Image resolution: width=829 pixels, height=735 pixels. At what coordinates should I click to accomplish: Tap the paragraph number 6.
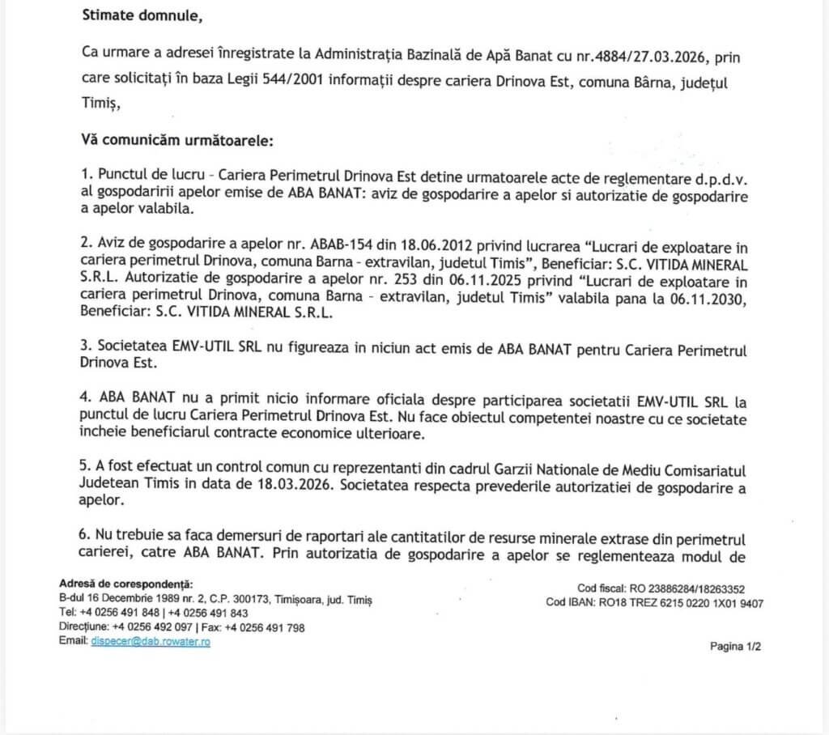pyautogui.click(x=86, y=537)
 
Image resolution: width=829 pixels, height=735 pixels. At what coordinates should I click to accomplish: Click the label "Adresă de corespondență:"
pyautogui.click(x=126, y=584)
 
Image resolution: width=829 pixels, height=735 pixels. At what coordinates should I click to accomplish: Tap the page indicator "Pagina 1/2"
pyautogui.click(x=736, y=646)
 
